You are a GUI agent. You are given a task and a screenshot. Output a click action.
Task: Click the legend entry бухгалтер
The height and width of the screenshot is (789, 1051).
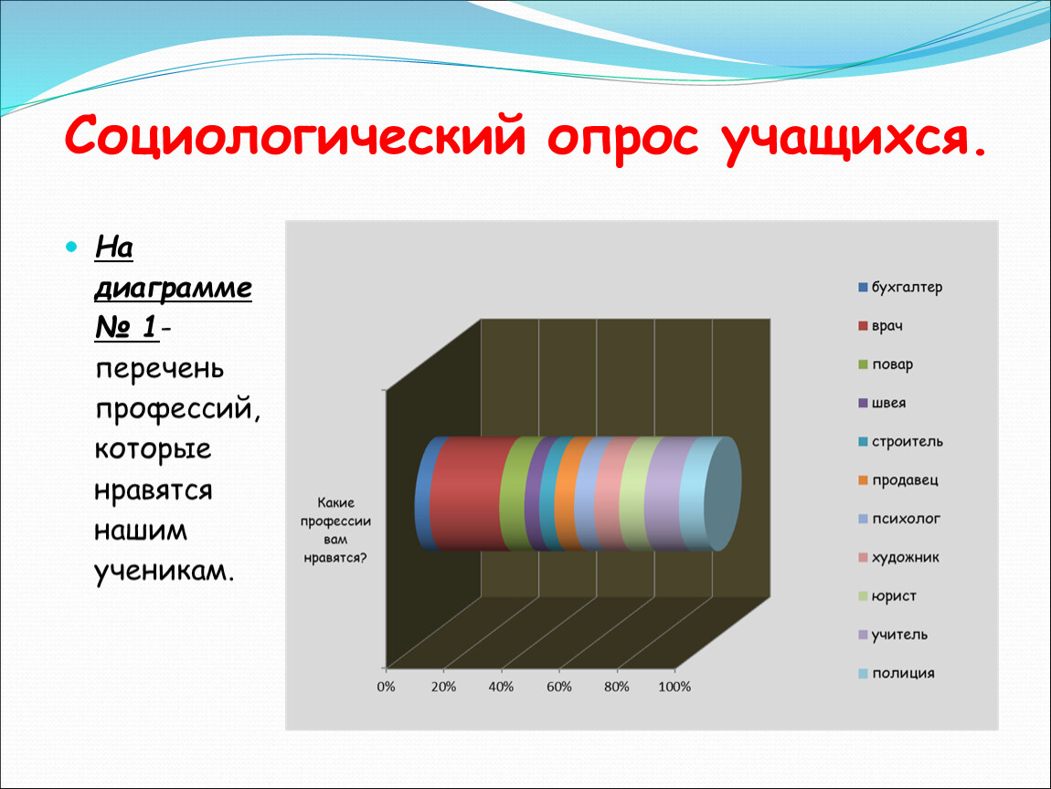[x=900, y=288]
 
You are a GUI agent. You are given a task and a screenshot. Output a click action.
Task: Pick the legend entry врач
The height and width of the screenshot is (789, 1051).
[x=881, y=326]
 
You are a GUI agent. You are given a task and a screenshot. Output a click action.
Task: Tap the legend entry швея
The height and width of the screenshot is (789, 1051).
[x=882, y=404]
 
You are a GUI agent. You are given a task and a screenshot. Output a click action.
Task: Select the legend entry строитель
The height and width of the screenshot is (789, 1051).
[x=901, y=442]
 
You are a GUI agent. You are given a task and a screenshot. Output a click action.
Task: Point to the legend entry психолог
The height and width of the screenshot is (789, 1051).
[x=899, y=519]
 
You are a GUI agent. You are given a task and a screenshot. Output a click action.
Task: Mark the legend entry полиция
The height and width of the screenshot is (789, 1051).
[x=897, y=673]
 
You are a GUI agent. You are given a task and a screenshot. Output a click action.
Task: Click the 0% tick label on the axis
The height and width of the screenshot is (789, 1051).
[x=386, y=687]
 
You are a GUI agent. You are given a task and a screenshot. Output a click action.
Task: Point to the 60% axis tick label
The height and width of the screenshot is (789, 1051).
[x=559, y=687]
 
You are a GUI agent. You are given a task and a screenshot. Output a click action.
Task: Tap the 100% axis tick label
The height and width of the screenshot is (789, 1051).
[x=674, y=687]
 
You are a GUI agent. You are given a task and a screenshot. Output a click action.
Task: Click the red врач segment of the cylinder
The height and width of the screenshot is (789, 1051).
[x=469, y=494]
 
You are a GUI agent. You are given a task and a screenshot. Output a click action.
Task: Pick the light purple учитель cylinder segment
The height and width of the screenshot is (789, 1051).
[x=664, y=494]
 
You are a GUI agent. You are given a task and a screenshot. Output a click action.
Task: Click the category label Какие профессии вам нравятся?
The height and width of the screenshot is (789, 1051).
[x=335, y=530]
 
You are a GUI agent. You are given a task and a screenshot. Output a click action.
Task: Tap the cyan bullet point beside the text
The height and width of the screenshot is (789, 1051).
[x=71, y=247]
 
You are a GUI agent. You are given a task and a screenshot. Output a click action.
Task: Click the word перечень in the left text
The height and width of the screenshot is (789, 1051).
[x=160, y=369]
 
